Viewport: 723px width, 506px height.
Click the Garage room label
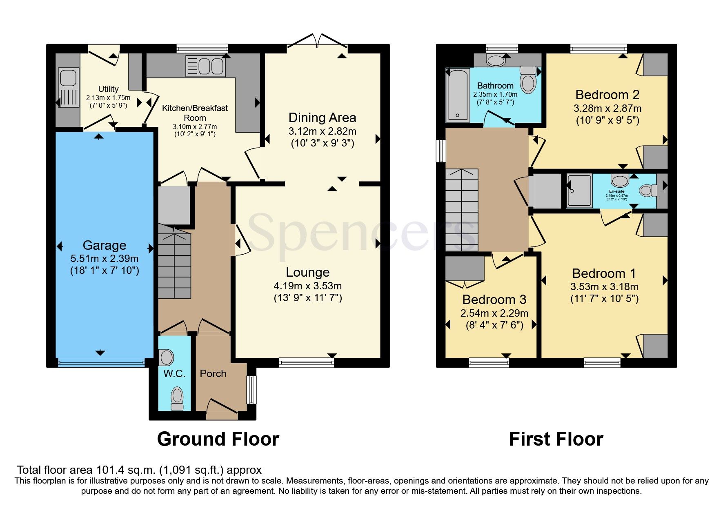coord(104,245)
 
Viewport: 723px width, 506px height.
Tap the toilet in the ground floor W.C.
coord(177,398)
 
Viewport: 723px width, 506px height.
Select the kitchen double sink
coord(205,66)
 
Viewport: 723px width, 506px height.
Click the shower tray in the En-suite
coord(579,191)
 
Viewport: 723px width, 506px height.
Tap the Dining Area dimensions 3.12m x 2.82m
coord(322,131)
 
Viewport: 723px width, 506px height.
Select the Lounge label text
coord(307,272)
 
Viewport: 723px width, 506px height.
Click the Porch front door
coord(222,409)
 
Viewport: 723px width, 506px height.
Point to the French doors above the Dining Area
coord(317,41)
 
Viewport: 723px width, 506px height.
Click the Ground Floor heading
coord(218,439)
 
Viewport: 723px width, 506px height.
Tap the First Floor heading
coord(556,439)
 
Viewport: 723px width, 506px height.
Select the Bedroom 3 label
coord(494,300)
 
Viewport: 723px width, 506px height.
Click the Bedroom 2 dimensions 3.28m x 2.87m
coord(607,109)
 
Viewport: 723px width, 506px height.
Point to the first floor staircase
coord(462,210)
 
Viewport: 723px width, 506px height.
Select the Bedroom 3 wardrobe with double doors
coord(464,269)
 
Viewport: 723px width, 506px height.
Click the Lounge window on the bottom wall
coord(306,362)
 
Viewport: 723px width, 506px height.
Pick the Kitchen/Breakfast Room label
coord(195,113)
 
